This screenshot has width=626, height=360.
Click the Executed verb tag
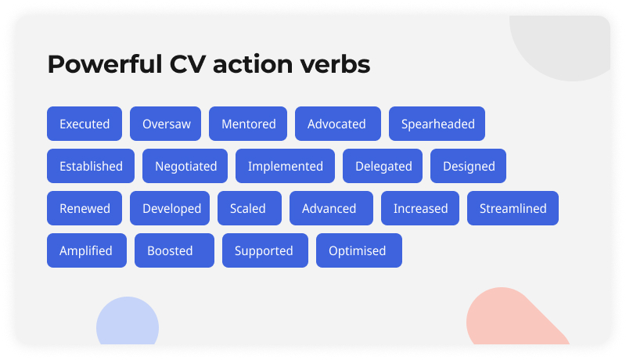pyautogui.click(x=85, y=124)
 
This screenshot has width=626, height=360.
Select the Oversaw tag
pyautogui.click(x=166, y=124)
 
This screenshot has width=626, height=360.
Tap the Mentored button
pyautogui.click(x=248, y=124)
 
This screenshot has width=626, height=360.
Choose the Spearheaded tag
pyautogui.click(x=437, y=124)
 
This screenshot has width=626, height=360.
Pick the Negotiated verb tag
pyautogui.click(x=185, y=166)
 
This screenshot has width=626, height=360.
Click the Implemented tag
pyautogui.click(x=285, y=166)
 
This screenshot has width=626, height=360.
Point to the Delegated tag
pyautogui.click(x=383, y=166)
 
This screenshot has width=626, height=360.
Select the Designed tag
pyautogui.click(x=468, y=166)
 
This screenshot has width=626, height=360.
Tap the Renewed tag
pyautogui.click(x=85, y=208)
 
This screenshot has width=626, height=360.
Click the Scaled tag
pyautogui.click(x=247, y=208)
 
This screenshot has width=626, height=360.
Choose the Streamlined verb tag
pyautogui.click(x=513, y=208)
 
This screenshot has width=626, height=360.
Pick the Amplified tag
pyautogui.click(x=86, y=250)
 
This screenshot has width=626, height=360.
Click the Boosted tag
pyautogui.click(x=170, y=250)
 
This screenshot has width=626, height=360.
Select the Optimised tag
pyautogui.click(x=358, y=250)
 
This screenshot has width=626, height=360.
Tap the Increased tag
pyautogui.click(x=420, y=208)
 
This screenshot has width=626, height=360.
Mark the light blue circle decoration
pyautogui.click(x=128, y=322)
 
